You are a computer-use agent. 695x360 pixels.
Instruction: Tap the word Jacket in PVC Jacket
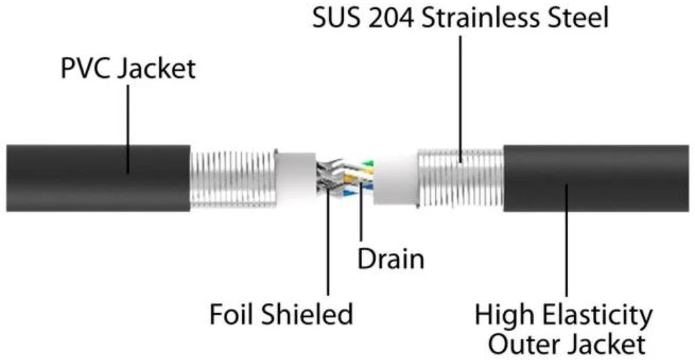pos(156,70)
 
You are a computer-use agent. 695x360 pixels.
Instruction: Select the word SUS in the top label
pos(337,19)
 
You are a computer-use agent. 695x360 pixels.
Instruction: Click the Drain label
pos(391,259)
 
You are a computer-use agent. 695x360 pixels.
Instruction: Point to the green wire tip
pos(368,163)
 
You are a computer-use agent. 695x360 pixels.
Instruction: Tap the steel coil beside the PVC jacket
pos(233,179)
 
